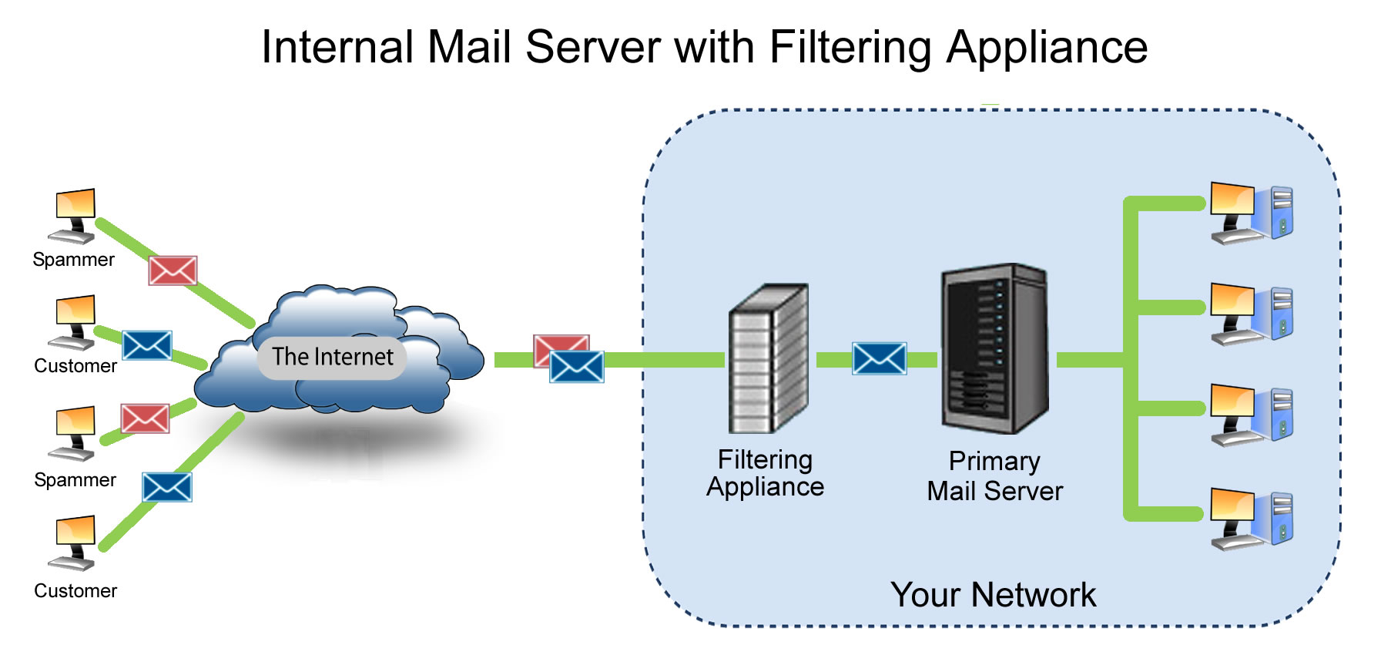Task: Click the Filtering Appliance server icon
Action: (768, 358)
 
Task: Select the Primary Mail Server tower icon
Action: (994, 348)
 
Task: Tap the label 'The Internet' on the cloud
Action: (332, 357)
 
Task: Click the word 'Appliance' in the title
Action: (1047, 48)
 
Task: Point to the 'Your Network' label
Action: (992, 595)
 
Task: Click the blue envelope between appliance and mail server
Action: (879, 359)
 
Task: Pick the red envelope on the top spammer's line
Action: (173, 270)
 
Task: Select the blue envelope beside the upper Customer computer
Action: (146, 345)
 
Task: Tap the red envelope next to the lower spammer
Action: (145, 418)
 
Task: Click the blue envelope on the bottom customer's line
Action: (166, 487)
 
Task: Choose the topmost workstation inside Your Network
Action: (1250, 213)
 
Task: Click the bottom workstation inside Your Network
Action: (1250, 519)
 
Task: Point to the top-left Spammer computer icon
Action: (74, 215)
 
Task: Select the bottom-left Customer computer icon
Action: (74, 543)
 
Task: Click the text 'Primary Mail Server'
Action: (994, 476)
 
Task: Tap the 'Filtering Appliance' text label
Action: (765, 473)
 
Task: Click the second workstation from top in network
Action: (1250, 314)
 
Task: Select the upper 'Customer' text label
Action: (75, 366)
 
